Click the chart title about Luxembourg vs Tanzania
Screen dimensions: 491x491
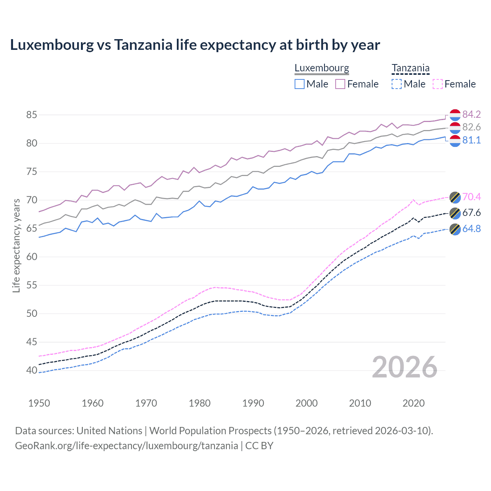click(195, 45)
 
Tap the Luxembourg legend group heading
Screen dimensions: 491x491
click(321, 68)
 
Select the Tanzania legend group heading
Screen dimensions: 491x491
click(410, 68)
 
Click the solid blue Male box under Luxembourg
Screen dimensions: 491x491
click(300, 84)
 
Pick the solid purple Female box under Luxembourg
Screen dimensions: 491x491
click(340, 84)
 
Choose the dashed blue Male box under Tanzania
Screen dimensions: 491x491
click(397, 84)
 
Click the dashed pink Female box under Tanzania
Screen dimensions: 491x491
click(438, 84)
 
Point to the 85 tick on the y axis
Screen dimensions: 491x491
click(32, 115)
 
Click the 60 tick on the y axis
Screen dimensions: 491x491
click(32, 257)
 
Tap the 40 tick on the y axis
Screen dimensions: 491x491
click(32, 370)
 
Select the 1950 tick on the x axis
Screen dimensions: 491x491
click(39, 403)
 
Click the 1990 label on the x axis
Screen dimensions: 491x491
click(253, 403)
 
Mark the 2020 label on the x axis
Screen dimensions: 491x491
click(414, 403)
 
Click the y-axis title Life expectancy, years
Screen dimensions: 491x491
click(16, 245)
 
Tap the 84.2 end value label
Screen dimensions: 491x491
click(471, 114)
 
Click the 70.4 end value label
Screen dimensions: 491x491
click(471, 197)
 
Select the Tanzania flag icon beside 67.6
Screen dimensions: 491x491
click(455, 213)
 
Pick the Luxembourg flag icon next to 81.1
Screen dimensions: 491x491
click(455, 141)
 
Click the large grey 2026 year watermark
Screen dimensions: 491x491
click(405, 367)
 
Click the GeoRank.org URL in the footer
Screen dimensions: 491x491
click(127, 445)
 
